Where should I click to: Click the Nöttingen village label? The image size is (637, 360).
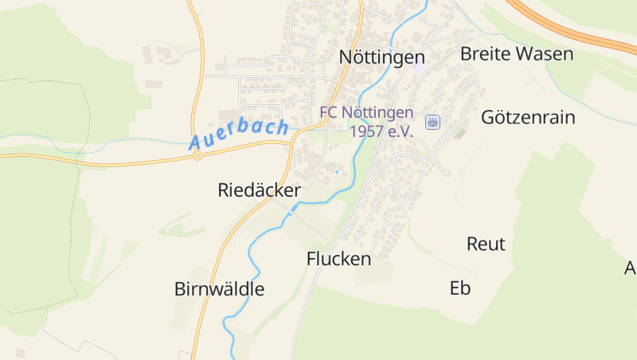(381, 57)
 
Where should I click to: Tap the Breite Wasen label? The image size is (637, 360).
(517, 54)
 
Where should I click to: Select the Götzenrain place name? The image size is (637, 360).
(528, 117)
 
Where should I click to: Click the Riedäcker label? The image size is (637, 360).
(259, 190)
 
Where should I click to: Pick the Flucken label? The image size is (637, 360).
(338, 259)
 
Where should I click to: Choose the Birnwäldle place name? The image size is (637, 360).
(219, 289)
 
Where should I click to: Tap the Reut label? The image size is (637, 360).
(486, 244)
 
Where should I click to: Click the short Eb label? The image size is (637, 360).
(460, 288)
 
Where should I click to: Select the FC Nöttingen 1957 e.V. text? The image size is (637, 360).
(367, 121)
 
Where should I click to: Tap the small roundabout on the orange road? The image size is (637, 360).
(197, 156)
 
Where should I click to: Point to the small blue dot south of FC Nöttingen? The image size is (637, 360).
(337, 171)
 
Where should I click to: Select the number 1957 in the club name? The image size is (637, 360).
(369, 131)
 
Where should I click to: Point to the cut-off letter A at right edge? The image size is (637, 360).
(631, 268)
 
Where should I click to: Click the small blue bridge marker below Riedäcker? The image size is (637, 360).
(293, 210)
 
